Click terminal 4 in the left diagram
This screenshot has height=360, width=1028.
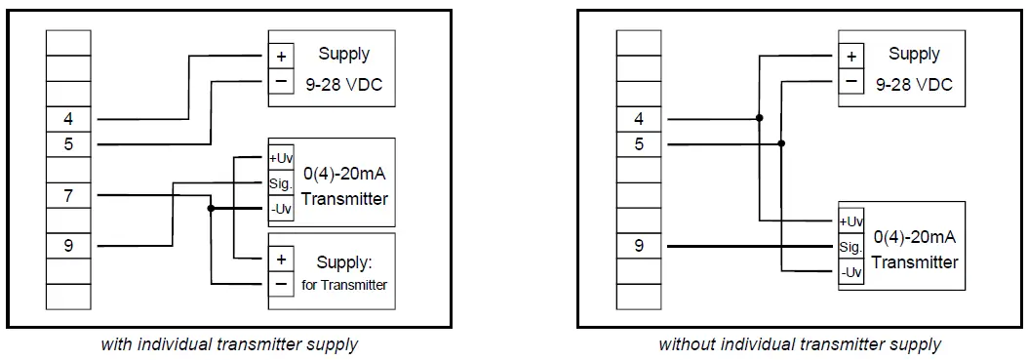[x=68, y=119]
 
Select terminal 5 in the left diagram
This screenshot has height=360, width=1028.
[x=68, y=144]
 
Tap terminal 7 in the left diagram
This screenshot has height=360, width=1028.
[x=68, y=195]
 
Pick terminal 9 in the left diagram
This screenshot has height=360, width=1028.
[x=68, y=246]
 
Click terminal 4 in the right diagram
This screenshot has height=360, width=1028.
[x=639, y=119]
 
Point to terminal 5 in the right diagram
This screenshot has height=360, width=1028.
[x=639, y=144]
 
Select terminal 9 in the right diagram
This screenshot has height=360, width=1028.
[x=639, y=246]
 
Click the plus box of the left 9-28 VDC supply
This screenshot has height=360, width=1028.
[x=280, y=57]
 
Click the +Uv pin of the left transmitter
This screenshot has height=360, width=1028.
[x=280, y=158]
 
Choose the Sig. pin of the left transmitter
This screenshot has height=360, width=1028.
[x=280, y=182]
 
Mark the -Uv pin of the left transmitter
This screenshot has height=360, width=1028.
[x=280, y=208]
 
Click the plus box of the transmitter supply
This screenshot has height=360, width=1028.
[x=280, y=260]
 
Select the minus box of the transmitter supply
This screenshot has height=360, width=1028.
[x=280, y=284]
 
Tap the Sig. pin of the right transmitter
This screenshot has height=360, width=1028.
[x=850, y=248]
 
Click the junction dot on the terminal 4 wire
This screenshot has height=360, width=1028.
[x=760, y=118]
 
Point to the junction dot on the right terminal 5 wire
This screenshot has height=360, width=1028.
[x=781, y=143]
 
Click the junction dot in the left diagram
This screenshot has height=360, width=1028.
[x=211, y=208]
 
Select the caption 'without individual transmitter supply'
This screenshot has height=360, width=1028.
[x=799, y=344]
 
